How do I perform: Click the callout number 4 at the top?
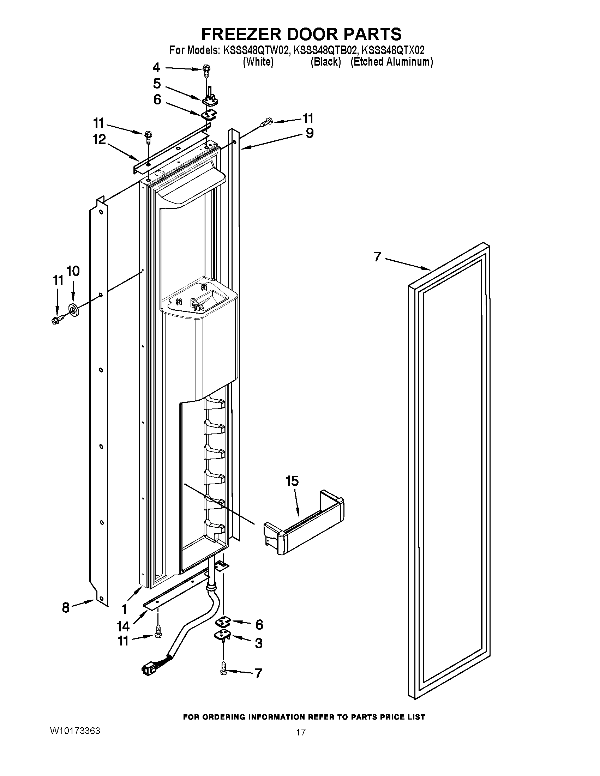click(x=156, y=67)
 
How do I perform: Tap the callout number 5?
click(x=157, y=84)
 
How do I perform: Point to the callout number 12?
click(x=99, y=139)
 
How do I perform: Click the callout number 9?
click(x=310, y=133)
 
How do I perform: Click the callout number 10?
click(x=73, y=271)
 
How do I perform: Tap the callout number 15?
click(x=292, y=481)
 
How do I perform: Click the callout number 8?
click(x=65, y=607)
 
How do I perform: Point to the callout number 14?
click(x=123, y=626)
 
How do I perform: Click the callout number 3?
click(x=259, y=643)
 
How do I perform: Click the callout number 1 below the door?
click(x=124, y=610)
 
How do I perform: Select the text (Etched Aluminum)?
click(x=392, y=62)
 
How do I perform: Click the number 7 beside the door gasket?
click(x=378, y=256)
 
